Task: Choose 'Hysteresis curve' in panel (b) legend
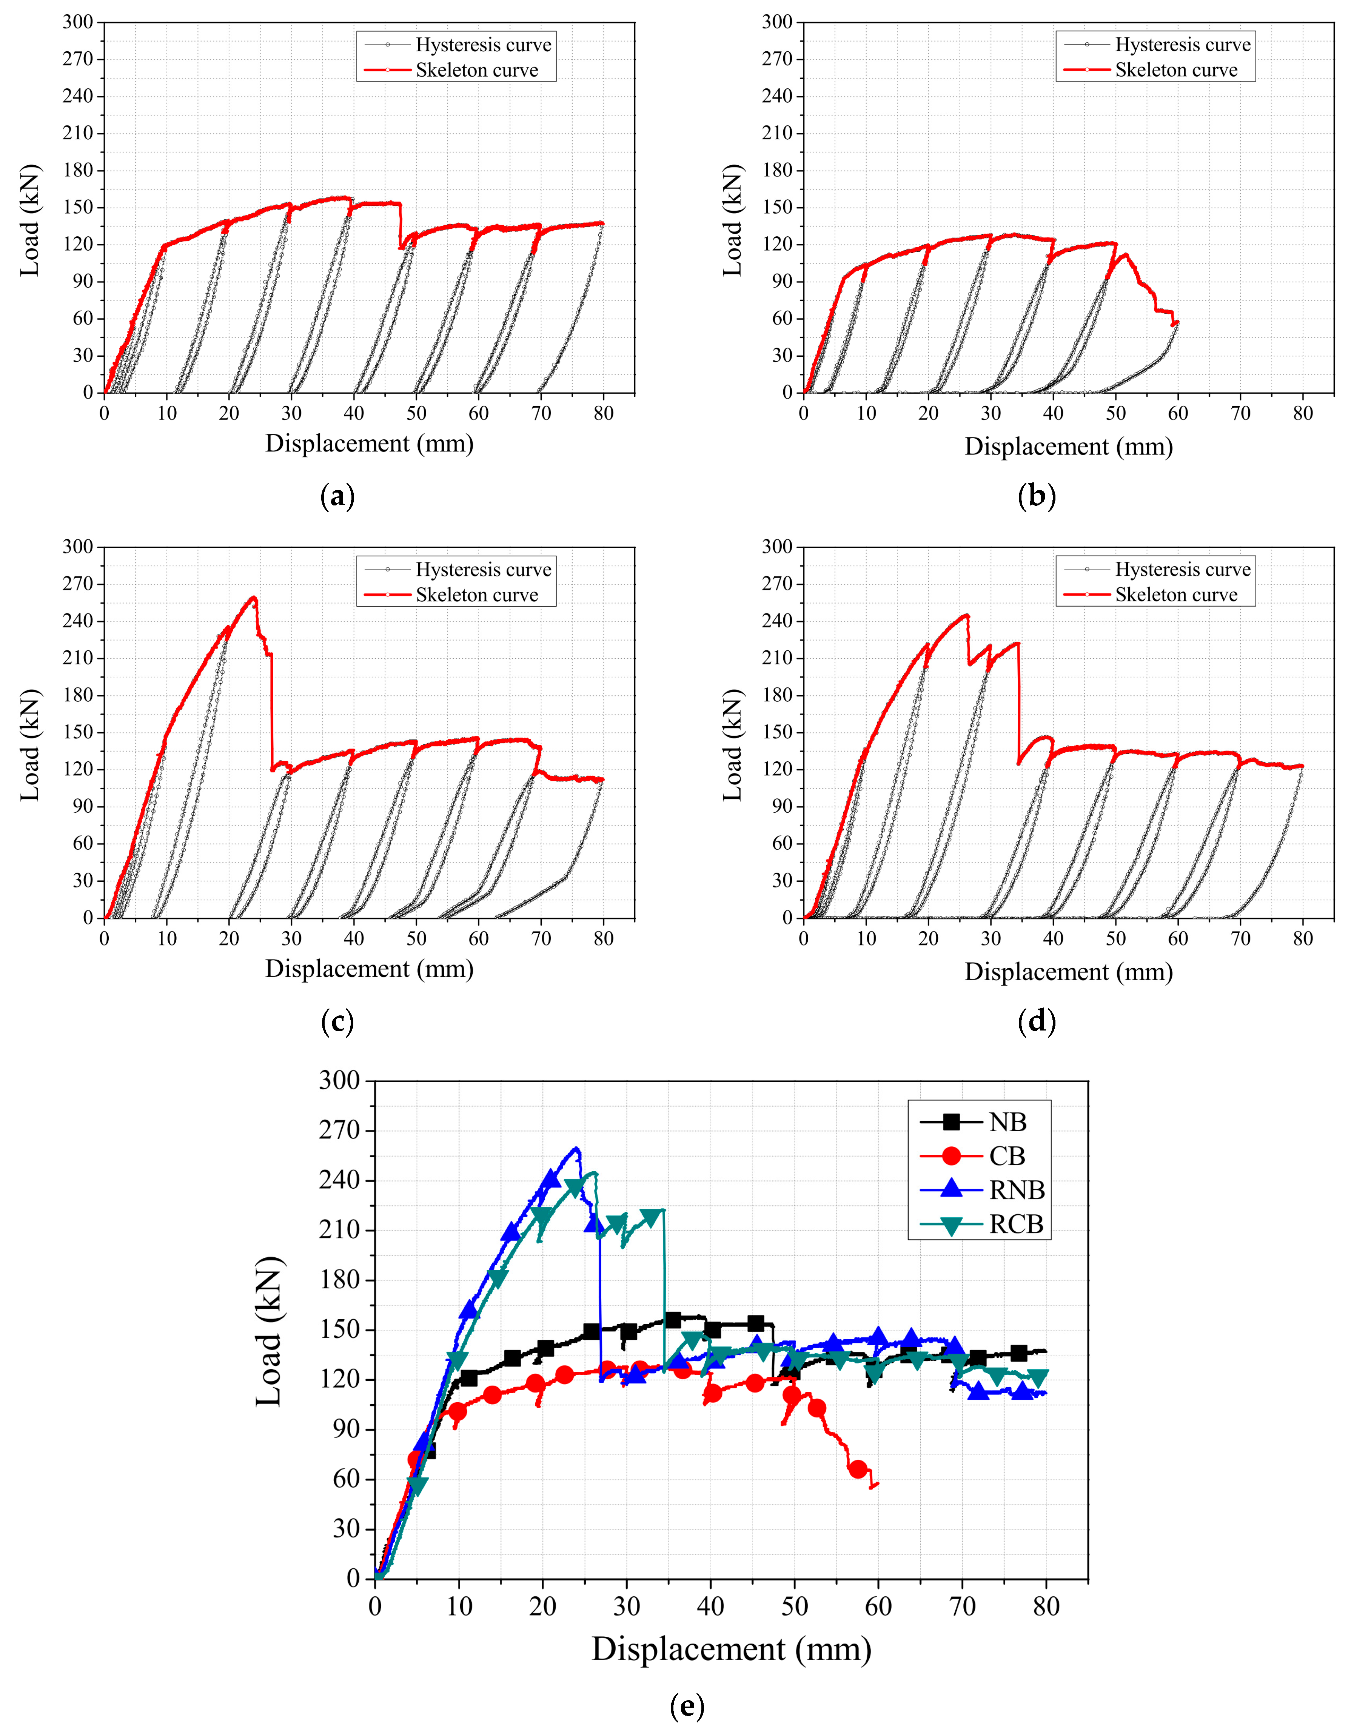pos(1183,45)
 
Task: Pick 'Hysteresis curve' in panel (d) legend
pos(1183,569)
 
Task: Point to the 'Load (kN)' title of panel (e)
pos(269,1331)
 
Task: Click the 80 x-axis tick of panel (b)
pos(1303,413)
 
